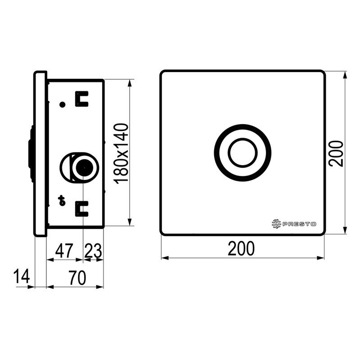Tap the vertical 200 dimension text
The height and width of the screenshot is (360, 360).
point(336,153)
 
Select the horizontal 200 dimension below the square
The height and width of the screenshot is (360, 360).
point(241,248)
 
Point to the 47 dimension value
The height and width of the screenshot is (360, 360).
point(64,251)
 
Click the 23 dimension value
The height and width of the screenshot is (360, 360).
point(93,251)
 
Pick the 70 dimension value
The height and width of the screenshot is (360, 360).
point(77,278)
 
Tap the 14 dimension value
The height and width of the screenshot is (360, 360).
point(22,276)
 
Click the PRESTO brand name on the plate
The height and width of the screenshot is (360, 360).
point(299,224)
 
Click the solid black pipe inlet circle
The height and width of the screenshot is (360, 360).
point(84,168)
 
